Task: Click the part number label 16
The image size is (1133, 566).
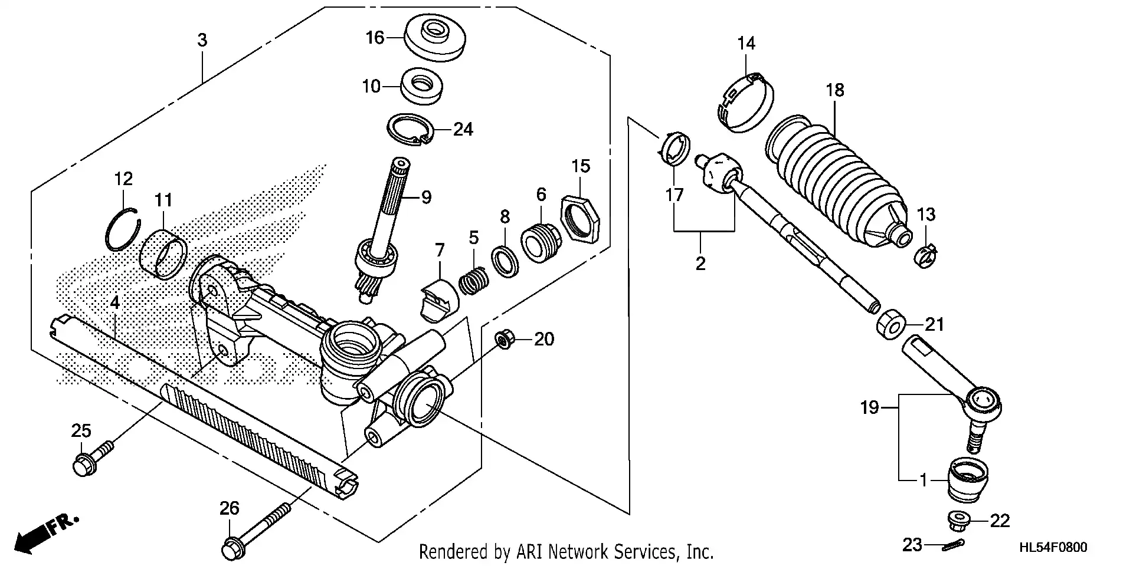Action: click(374, 38)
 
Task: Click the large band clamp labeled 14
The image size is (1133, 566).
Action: click(746, 104)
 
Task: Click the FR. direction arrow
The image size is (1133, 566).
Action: click(44, 534)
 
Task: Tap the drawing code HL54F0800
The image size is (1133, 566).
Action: click(1053, 548)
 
